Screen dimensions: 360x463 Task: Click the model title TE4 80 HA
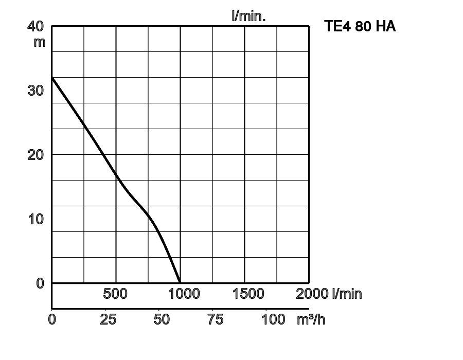(360, 26)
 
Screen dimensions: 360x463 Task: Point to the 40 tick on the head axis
(35, 26)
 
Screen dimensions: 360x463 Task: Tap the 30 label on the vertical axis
(35, 91)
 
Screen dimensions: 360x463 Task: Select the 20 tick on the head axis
(35, 155)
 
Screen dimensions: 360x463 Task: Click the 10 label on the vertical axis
(35, 219)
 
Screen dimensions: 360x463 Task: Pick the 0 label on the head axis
(40, 283)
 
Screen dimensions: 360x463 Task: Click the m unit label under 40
(40, 42)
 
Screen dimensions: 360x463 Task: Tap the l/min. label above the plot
(248, 16)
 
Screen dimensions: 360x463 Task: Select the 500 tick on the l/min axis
(115, 294)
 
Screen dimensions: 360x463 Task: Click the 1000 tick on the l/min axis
(184, 294)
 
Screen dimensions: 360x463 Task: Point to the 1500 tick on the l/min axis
(248, 294)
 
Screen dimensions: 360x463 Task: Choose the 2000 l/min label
(329, 294)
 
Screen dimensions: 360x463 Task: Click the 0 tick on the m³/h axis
(52, 319)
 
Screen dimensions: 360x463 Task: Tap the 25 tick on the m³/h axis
(108, 319)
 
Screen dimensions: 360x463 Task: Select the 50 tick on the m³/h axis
(162, 319)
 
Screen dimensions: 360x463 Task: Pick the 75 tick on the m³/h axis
(215, 319)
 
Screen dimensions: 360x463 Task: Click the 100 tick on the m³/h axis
(273, 319)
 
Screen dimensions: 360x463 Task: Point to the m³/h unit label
(311, 319)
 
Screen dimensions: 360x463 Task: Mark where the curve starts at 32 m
(52, 77)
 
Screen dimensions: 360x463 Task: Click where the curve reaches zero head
(180, 283)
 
